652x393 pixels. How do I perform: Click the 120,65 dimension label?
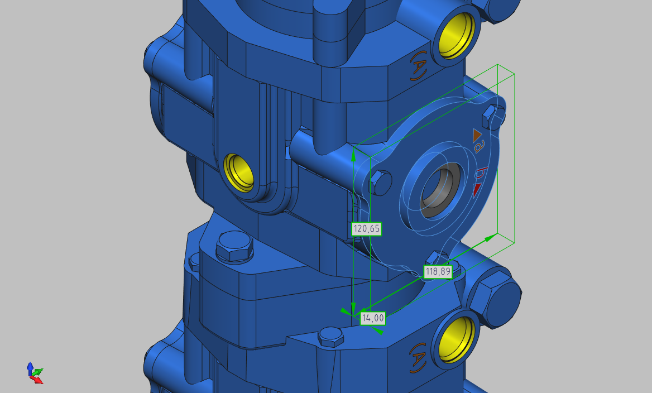(x=367, y=228)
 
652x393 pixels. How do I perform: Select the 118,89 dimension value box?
(x=438, y=272)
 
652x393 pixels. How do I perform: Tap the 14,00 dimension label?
(x=372, y=318)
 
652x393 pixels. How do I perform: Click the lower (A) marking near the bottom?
(x=418, y=357)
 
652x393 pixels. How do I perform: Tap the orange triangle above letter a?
(x=476, y=135)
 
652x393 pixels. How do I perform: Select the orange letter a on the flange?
(x=479, y=147)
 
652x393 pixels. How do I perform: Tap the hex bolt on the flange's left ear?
(x=380, y=181)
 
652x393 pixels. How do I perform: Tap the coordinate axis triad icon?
(x=35, y=372)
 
